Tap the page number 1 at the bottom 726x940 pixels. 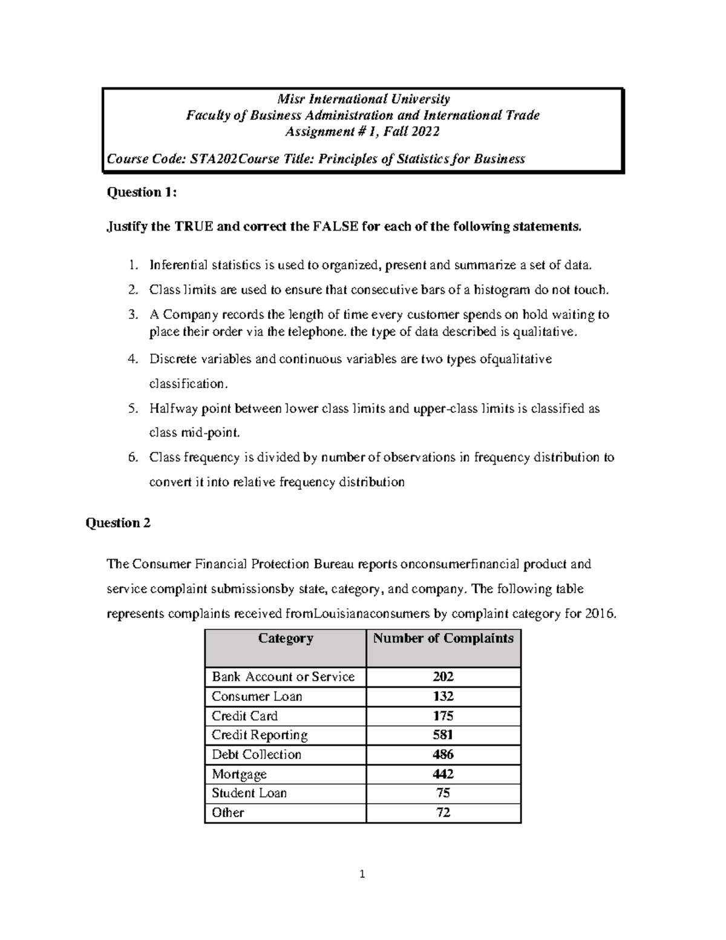362,873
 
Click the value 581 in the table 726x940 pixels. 443,735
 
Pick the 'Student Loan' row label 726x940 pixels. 249,793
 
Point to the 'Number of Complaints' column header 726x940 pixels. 443,638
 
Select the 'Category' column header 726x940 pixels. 286,638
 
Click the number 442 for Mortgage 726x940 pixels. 443,774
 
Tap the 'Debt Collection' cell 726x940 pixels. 256,754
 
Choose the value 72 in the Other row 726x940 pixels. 443,812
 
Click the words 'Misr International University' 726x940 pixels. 363,99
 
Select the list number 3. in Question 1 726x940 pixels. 132,315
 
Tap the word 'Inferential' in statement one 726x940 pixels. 178,265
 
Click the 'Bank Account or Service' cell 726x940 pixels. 283,677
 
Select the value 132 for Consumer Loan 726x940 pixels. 443,696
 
